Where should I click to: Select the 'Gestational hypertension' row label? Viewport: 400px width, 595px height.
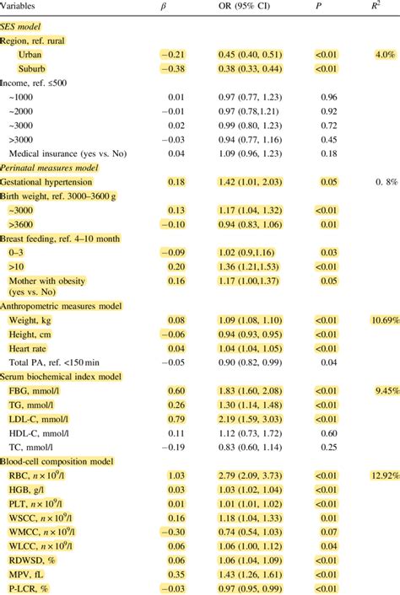53,181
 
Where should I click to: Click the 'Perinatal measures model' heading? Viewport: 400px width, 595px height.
51,168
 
